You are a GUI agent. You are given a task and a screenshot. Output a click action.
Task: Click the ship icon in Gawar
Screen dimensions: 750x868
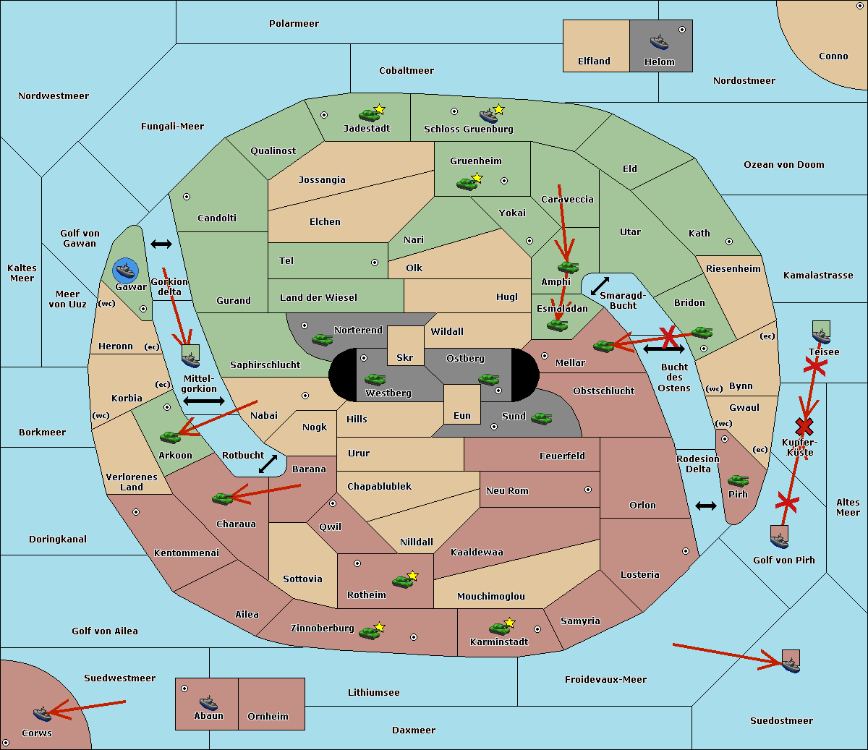point(126,270)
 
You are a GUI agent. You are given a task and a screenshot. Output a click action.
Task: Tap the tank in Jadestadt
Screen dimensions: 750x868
point(370,114)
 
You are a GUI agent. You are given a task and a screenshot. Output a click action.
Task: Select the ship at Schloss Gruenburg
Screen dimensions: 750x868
point(489,116)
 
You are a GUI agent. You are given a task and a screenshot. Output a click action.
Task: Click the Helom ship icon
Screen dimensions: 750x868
point(659,42)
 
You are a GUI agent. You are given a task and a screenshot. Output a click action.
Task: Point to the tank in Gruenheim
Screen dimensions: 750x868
point(467,183)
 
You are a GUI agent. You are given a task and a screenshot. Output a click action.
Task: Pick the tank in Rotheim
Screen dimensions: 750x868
point(402,581)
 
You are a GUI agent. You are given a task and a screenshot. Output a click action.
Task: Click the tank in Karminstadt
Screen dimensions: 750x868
point(499,628)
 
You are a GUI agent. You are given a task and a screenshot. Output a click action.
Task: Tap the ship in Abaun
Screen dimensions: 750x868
point(208,702)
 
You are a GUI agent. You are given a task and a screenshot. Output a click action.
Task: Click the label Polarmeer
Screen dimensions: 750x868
point(294,24)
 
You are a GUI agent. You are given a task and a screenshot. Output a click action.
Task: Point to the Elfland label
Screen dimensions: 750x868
point(594,61)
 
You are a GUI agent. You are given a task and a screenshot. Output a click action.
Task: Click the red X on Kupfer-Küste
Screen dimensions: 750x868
point(804,426)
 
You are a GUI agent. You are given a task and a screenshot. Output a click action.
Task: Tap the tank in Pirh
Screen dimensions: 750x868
point(738,480)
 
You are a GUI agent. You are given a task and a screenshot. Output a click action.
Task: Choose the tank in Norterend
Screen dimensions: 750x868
point(322,339)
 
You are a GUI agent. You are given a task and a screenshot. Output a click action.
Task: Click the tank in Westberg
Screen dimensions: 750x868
point(375,379)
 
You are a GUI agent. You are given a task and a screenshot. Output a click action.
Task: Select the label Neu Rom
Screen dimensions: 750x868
point(507,491)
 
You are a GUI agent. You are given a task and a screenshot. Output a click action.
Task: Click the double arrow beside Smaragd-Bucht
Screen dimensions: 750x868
point(600,286)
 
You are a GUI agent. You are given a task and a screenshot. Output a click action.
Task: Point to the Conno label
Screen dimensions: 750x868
point(833,56)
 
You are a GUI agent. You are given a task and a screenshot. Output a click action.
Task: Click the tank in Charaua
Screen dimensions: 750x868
point(222,498)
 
